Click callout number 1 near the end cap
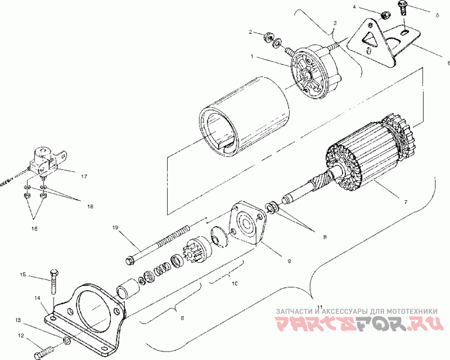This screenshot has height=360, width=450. [x=253, y=57]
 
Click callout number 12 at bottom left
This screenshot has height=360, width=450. [x=21, y=336]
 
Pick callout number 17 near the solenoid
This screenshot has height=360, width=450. [x=83, y=177]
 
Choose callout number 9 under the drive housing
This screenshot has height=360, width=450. [x=289, y=261]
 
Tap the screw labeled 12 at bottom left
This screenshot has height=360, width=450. [x=44, y=353]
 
